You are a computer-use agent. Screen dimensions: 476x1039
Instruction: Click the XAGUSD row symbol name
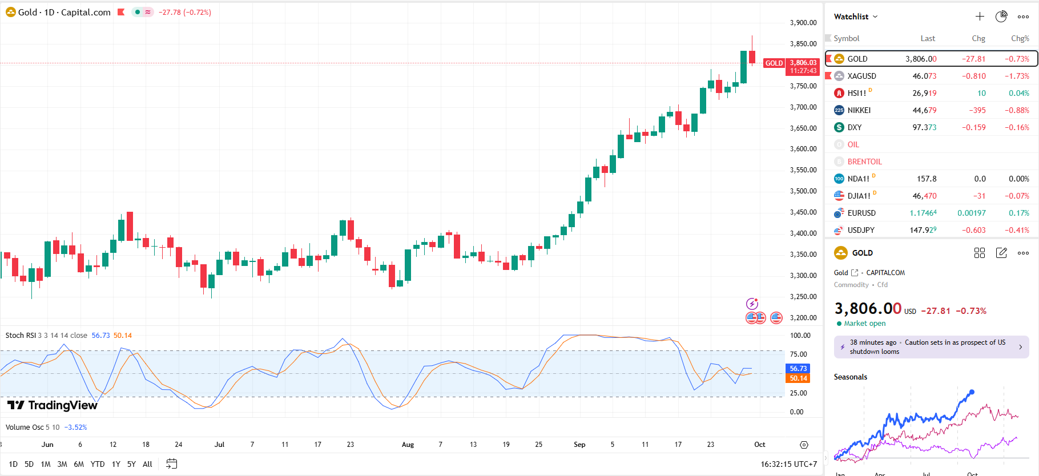(x=861, y=76)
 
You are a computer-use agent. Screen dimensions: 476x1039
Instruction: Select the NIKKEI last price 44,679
(x=924, y=110)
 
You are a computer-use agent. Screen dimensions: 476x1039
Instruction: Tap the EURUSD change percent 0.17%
(x=1018, y=213)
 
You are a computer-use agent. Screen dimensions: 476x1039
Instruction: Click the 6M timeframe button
(x=79, y=464)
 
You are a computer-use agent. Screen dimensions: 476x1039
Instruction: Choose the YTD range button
(x=98, y=464)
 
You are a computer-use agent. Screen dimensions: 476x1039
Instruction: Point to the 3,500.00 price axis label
(x=803, y=191)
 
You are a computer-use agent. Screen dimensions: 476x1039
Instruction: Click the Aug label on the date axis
(x=408, y=445)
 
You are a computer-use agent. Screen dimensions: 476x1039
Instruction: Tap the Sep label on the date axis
(x=579, y=445)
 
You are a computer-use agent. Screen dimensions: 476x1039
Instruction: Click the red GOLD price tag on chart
(x=774, y=63)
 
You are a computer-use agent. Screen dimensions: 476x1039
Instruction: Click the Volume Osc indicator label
(x=25, y=427)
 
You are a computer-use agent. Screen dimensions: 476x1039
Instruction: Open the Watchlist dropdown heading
(x=855, y=17)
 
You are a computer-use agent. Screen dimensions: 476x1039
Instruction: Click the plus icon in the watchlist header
(x=980, y=17)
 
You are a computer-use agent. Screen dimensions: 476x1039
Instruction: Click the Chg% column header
(x=1020, y=38)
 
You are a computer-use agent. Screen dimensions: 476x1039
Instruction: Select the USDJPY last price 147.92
(x=923, y=230)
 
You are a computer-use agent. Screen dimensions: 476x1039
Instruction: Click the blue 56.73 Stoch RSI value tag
(x=798, y=369)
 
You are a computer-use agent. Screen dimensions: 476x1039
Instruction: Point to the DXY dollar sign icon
(x=839, y=127)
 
